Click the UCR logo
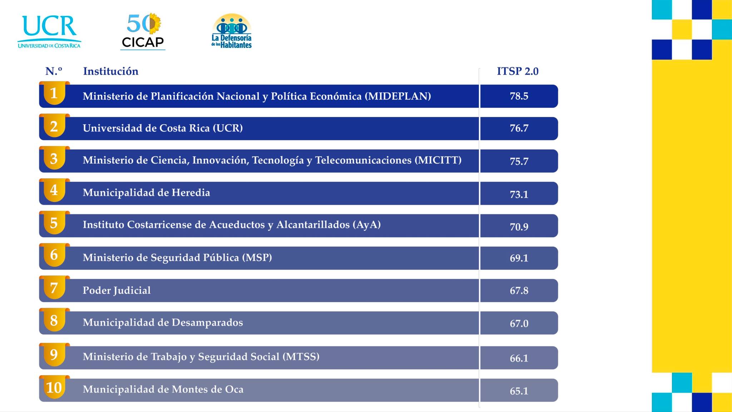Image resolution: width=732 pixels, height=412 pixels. click(49, 32)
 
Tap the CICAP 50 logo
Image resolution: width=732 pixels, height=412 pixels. click(143, 31)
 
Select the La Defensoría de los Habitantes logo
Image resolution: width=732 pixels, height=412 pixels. click(232, 31)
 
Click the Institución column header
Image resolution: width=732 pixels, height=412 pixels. click(111, 71)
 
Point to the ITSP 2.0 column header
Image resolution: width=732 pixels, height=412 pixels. click(518, 71)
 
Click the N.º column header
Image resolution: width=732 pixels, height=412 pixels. click(54, 71)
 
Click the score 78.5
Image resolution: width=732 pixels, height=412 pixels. click(519, 96)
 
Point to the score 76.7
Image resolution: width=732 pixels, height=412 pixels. click(519, 128)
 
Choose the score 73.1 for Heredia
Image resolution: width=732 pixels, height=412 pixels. click(519, 194)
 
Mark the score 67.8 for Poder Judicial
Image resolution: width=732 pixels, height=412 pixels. click(519, 290)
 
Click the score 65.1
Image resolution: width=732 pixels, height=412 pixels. click(519, 391)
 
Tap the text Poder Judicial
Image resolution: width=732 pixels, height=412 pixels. click(117, 290)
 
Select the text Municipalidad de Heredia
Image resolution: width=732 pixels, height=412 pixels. click(147, 192)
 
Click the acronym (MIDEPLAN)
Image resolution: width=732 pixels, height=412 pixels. click(398, 96)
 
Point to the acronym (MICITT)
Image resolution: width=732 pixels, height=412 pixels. click(438, 160)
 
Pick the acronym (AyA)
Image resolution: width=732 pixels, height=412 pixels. click(367, 225)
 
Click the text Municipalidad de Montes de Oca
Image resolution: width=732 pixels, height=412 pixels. click(163, 389)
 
